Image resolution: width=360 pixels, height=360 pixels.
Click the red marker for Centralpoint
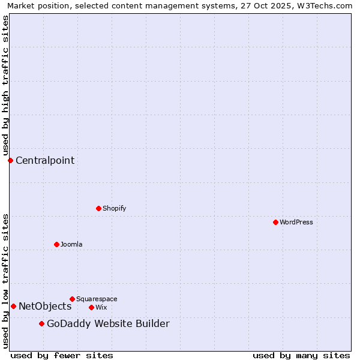pos(10,160)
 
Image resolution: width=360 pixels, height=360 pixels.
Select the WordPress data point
pos(275,222)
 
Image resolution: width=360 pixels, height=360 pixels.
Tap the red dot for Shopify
pos(98,208)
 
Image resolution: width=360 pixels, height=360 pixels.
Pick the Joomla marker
pos(56,244)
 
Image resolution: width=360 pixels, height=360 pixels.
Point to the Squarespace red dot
pos(72,299)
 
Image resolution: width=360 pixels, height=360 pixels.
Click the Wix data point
pos(91,307)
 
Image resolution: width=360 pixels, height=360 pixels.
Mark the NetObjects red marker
pos(13,306)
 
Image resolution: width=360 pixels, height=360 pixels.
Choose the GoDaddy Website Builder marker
pos(41,324)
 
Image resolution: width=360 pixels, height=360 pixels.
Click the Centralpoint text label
pos(45,160)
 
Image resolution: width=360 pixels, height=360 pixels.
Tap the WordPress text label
pos(296,222)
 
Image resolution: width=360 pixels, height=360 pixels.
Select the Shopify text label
pos(114,208)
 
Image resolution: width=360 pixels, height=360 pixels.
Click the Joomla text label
pos(71,244)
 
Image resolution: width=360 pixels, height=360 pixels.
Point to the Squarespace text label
pos(97,299)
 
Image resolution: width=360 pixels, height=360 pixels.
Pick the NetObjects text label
pos(45,307)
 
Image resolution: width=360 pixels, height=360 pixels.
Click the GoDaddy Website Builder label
pos(108,324)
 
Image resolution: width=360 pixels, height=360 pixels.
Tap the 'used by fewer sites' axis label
pos(62,355)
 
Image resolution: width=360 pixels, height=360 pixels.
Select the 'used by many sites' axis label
pos(301,355)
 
